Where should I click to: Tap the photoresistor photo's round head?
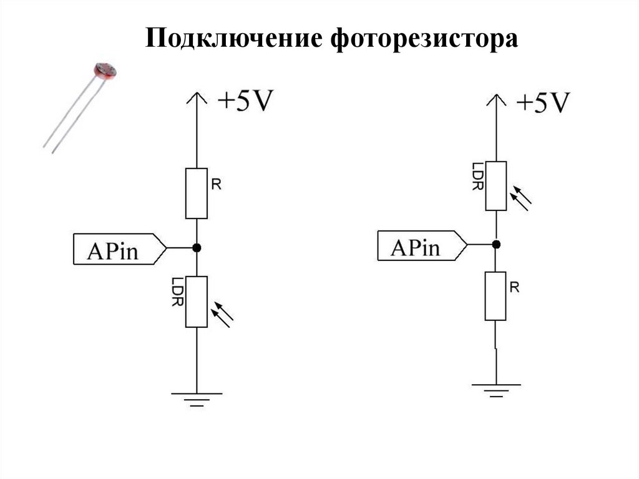click(105, 71)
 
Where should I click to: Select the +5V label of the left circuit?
click(245, 101)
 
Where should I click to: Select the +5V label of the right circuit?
click(542, 101)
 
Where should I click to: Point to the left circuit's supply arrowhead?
click(197, 97)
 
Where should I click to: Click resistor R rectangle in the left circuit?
click(197, 193)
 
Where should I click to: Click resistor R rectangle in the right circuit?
click(495, 295)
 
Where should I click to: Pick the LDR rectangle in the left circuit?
click(197, 302)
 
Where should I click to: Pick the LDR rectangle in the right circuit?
click(495, 185)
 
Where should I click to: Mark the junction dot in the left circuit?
click(197, 248)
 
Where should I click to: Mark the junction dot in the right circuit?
click(495, 244)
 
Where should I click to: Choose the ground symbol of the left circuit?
click(197, 398)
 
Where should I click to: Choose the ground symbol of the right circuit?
click(495, 390)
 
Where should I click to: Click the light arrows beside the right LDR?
click(520, 197)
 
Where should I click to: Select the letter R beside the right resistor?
click(514, 287)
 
